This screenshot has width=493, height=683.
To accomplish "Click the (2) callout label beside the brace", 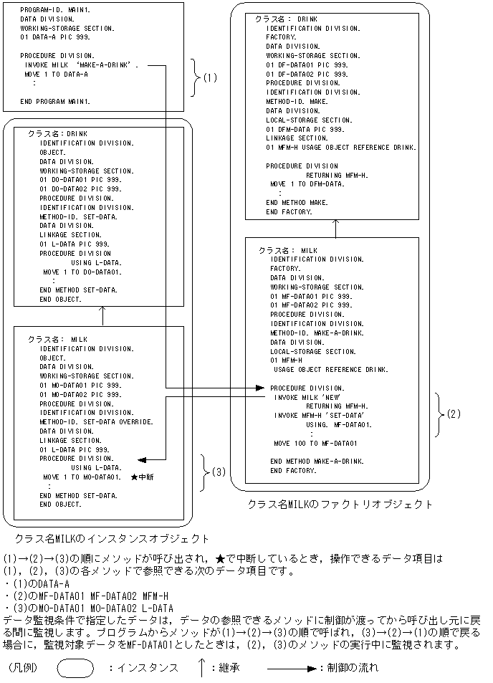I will [453, 414].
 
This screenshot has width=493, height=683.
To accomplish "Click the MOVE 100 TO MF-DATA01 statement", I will [315, 443].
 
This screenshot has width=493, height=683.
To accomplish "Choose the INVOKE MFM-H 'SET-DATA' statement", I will [320, 415].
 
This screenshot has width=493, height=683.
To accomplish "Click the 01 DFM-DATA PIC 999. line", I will [305, 130].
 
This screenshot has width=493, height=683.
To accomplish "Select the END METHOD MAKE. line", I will [297, 203].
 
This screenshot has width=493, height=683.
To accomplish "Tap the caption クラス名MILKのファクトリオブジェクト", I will [340, 504].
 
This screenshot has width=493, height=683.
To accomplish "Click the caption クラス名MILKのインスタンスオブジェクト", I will [112, 538].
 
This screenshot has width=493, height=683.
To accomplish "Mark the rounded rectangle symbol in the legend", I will [75, 667].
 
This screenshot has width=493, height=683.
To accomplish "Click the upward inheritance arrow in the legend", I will [203, 667].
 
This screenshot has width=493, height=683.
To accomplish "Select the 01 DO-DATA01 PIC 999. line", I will [80, 180].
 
